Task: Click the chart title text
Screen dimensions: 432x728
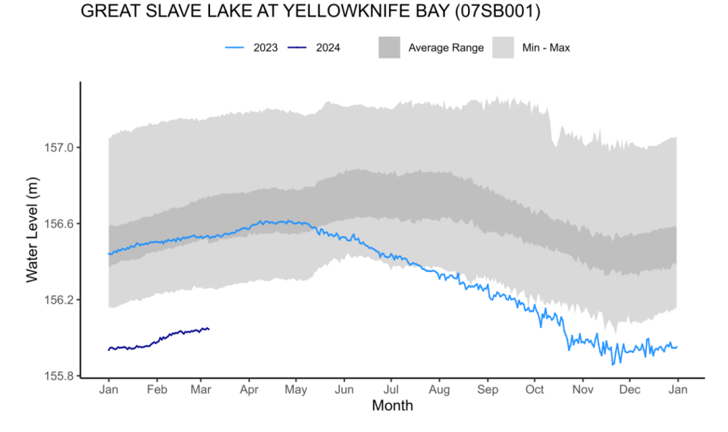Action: [x=310, y=12]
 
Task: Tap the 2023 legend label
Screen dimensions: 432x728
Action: [x=265, y=48]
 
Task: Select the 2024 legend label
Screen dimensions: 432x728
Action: [x=328, y=48]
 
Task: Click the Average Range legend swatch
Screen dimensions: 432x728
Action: [x=389, y=48]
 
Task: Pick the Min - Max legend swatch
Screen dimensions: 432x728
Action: [x=504, y=48]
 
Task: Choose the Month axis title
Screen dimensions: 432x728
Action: [x=392, y=406]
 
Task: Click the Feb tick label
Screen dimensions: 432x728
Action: [x=157, y=390]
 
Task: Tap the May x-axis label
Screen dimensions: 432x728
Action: [x=296, y=390]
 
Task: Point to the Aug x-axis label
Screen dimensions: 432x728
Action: [x=439, y=390]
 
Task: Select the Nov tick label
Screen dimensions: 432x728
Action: [x=582, y=390]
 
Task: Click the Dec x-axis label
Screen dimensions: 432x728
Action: [x=629, y=390]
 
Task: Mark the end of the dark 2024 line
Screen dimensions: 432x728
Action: [x=209, y=328]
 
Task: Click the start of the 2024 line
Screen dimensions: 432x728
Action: [x=109, y=349]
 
